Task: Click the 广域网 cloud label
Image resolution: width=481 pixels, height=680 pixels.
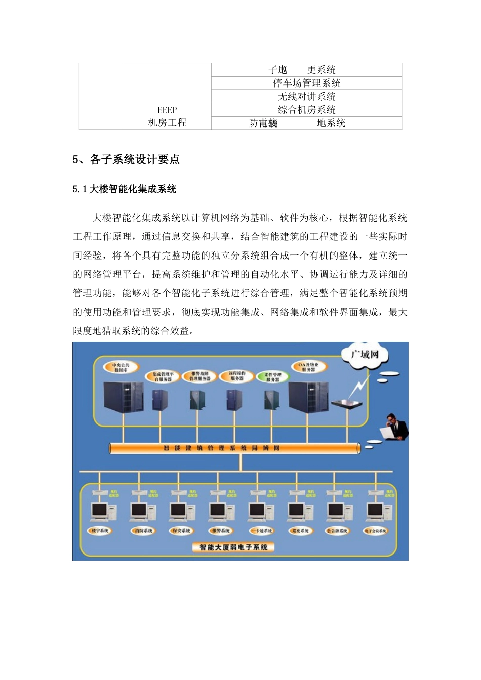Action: (365, 354)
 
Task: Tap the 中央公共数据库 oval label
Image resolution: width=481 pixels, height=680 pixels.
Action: (121, 367)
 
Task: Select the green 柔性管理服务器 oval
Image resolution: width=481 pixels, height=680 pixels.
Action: (273, 377)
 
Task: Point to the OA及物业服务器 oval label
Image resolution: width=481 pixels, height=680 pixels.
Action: (308, 367)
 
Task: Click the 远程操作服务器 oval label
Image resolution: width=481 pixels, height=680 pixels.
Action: (237, 376)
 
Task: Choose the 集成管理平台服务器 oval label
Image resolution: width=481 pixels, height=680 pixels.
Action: (163, 377)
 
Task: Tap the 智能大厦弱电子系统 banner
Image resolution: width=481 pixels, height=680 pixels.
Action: (233, 547)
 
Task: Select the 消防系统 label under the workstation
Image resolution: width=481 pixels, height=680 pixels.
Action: (143, 531)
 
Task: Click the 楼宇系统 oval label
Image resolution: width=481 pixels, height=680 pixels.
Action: (100, 531)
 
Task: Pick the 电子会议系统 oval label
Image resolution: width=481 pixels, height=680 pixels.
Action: (376, 531)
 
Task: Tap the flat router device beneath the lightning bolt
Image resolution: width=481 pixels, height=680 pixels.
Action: (347, 403)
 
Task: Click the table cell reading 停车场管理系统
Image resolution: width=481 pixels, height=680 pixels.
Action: (306, 83)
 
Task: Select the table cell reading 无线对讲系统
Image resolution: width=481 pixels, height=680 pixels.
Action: (306, 96)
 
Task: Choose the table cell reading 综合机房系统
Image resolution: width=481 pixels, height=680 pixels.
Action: (306, 110)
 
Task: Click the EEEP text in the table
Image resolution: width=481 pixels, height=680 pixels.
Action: (167, 110)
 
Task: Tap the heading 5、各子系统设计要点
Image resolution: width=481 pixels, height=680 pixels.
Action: (126, 160)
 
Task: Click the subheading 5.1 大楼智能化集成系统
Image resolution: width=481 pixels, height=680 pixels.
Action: (125, 189)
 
